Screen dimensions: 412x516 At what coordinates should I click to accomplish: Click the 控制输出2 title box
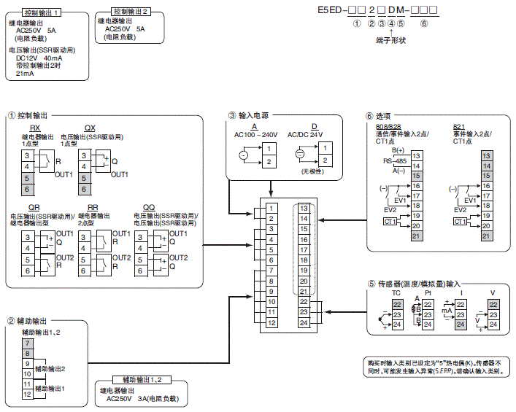[x=131, y=12]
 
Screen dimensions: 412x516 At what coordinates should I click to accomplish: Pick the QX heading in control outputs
[x=89, y=128]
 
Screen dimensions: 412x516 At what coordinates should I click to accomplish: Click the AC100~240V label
[x=255, y=134]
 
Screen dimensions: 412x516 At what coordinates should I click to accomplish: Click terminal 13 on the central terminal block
[x=303, y=208]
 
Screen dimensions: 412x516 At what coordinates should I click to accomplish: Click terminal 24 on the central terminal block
[x=303, y=322]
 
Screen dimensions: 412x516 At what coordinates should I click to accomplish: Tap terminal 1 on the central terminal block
[x=270, y=208]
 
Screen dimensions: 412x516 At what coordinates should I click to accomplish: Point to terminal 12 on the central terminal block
[x=270, y=322]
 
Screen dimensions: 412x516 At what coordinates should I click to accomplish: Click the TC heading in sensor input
[x=397, y=292]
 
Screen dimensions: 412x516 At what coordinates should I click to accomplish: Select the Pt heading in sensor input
[x=428, y=292]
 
